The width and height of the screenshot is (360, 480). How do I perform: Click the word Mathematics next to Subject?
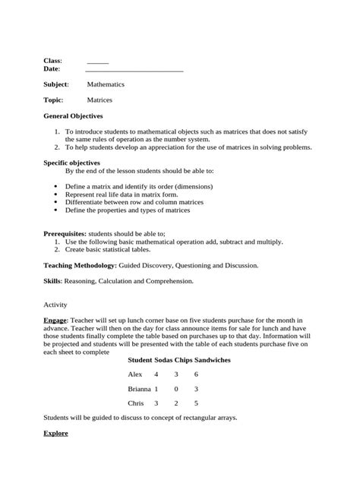106,84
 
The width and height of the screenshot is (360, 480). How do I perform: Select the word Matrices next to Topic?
99,99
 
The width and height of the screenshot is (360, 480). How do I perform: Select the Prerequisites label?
65,234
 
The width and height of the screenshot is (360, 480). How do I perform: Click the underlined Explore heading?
55,433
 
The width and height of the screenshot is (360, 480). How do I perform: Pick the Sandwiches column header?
213,359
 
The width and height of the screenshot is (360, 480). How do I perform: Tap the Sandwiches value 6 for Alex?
196,374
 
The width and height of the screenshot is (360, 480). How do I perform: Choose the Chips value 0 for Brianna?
176,388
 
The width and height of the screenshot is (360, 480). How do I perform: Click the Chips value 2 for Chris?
176,403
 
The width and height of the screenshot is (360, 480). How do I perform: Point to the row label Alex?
135,374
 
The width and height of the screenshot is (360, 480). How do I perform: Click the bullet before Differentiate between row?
58,203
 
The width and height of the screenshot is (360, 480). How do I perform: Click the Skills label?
51,281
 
